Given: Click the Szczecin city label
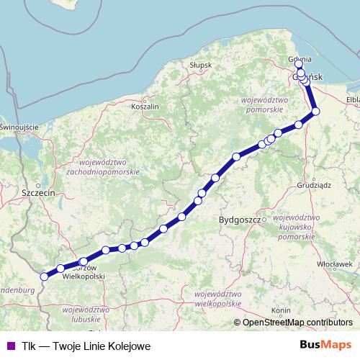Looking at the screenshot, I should pos(39,194).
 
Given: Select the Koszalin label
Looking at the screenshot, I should pos(145,106).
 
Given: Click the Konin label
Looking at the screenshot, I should pos(280,310).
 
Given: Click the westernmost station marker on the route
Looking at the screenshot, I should pos(44,276).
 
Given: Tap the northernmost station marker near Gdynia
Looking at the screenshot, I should pos(299,64).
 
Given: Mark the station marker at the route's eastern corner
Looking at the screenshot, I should pos(315,111).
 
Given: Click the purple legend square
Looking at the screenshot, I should pos(9,346).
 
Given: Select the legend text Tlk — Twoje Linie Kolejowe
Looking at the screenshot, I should pos(86,346).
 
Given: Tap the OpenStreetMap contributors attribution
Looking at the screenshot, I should pos(297,322).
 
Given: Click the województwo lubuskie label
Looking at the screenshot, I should pos(86,314).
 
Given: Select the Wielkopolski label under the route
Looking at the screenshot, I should pos(84,276).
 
